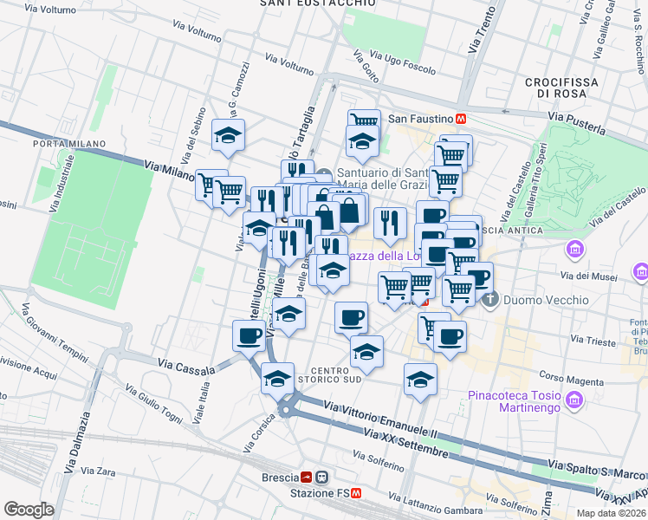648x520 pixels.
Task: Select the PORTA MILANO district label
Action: point(69,144)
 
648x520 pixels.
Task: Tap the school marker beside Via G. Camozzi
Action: point(229,136)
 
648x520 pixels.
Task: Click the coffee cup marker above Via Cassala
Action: point(249,335)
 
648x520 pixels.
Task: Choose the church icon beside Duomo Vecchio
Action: point(490,301)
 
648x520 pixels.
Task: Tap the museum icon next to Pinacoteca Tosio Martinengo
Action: point(573,400)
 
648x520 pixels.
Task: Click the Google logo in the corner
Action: point(29,510)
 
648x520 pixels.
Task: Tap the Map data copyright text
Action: point(611,513)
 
